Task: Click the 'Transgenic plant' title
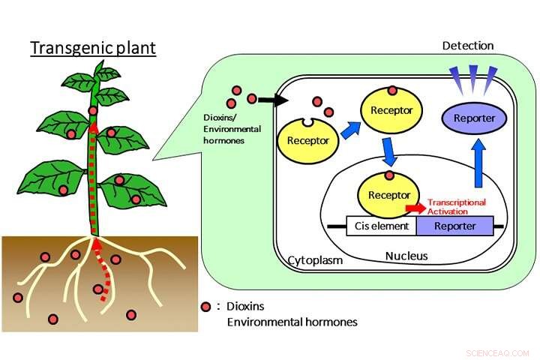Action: click(x=93, y=48)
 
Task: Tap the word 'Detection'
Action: click(x=468, y=46)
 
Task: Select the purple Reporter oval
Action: click(x=474, y=118)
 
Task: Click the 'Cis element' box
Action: click(x=382, y=226)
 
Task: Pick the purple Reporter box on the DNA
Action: click(x=455, y=226)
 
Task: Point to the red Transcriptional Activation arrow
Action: click(x=415, y=208)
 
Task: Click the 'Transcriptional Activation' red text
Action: click(x=457, y=207)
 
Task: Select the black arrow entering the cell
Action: click(x=273, y=100)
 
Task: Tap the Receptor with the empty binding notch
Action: click(x=308, y=140)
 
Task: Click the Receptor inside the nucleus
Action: click(x=389, y=195)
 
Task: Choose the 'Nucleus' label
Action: click(x=406, y=256)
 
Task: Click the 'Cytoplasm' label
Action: click(x=315, y=260)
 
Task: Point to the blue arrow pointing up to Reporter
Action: click(x=478, y=163)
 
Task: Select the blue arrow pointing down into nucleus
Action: click(x=389, y=151)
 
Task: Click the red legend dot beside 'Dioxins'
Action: click(x=205, y=307)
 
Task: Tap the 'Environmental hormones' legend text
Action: click(x=292, y=322)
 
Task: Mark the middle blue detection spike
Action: click(x=473, y=79)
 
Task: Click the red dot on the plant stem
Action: click(x=93, y=110)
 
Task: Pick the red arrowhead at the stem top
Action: click(x=93, y=128)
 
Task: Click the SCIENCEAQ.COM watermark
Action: click(x=498, y=353)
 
